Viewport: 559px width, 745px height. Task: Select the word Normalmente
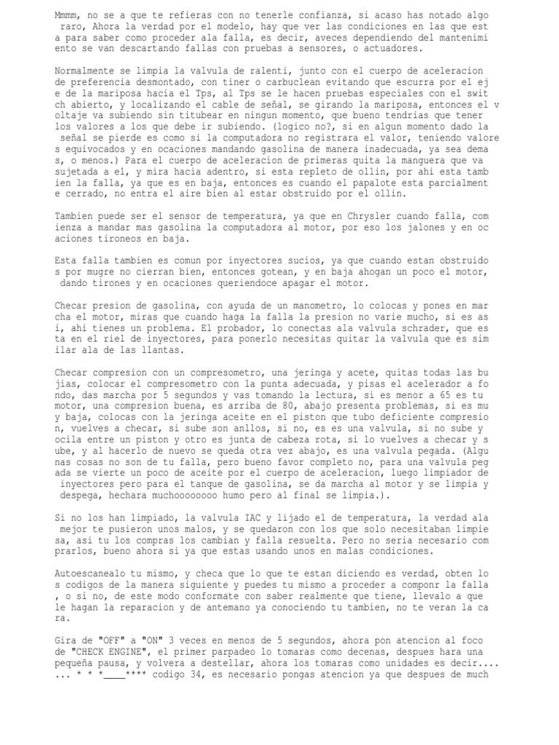86,71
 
